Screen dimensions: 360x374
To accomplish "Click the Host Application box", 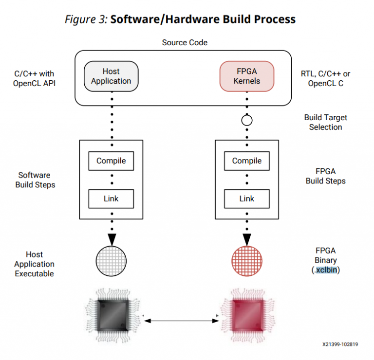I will tap(111, 76).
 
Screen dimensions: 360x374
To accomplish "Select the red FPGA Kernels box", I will tap(247, 76).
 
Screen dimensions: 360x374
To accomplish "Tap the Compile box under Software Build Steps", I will tap(111, 161).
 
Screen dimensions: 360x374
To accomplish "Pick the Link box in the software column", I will tap(111, 198).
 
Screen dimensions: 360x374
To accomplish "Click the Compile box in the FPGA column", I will tap(247, 161).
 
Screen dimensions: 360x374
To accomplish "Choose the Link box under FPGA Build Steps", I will tap(247, 198).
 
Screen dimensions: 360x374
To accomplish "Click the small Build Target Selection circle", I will tap(247, 120).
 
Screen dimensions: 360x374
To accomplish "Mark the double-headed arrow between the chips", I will tap(180, 320).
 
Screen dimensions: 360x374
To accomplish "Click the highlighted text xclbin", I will tap(326, 270).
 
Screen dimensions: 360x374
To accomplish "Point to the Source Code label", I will tap(185, 43).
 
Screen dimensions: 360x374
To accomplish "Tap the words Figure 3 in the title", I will tap(86, 19).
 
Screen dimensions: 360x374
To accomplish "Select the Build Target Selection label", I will tap(326, 122).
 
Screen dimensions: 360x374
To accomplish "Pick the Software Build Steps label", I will tap(35, 180).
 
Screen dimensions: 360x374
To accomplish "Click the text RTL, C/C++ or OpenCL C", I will tap(326, 79).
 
